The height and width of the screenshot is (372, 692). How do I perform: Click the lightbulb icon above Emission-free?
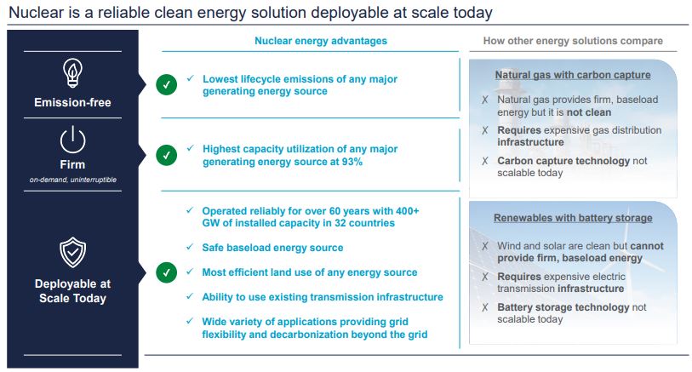click(x=72, y=73)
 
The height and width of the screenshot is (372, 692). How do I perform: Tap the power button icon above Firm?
click(x=72, y=140)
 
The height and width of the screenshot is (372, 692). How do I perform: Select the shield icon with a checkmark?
click(x=73, y=253)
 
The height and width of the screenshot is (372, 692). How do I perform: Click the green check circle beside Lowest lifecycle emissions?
click(x=166, y=85)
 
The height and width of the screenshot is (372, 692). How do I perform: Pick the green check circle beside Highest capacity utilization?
click(x=166, y=155)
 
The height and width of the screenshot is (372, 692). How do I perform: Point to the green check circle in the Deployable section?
click(x=166, y=272)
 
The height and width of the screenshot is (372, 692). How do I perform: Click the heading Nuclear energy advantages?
click(x=321, y=41)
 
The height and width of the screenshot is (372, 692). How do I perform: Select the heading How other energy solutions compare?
click(x=573, y=41)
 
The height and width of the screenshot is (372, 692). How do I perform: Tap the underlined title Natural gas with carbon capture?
click(x=573, y=75)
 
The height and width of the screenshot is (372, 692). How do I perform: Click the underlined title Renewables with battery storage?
click(x=573, y=218)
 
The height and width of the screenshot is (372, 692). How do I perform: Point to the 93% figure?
click(x=352, y=162)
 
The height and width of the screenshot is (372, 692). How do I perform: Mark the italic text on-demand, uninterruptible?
click(x=73, y=180)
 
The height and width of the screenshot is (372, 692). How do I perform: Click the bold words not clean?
click(x=589, y=112)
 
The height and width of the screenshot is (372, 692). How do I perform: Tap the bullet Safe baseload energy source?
click(x=272, y=248)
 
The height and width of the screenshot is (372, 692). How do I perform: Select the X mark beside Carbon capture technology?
click(x=485, y=161)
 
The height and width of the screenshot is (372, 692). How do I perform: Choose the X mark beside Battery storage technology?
click(x=485, y=307)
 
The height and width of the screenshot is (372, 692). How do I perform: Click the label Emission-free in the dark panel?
click(x=73, y=102)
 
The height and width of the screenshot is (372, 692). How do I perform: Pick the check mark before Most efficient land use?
click(x=190, y=272)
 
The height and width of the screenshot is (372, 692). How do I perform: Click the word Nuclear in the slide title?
click(x=37, y=13)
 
